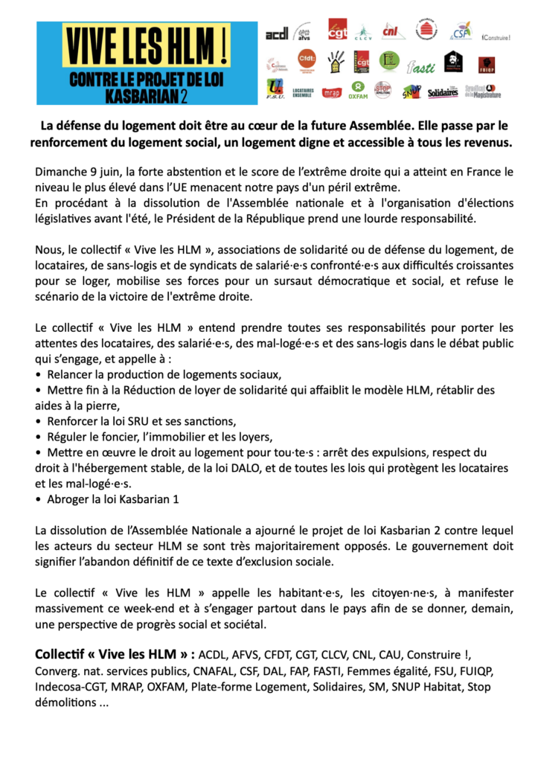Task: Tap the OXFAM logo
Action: tap(358, 89)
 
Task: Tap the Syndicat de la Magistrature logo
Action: tap(483, 92)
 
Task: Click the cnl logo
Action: tap(391, 31)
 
